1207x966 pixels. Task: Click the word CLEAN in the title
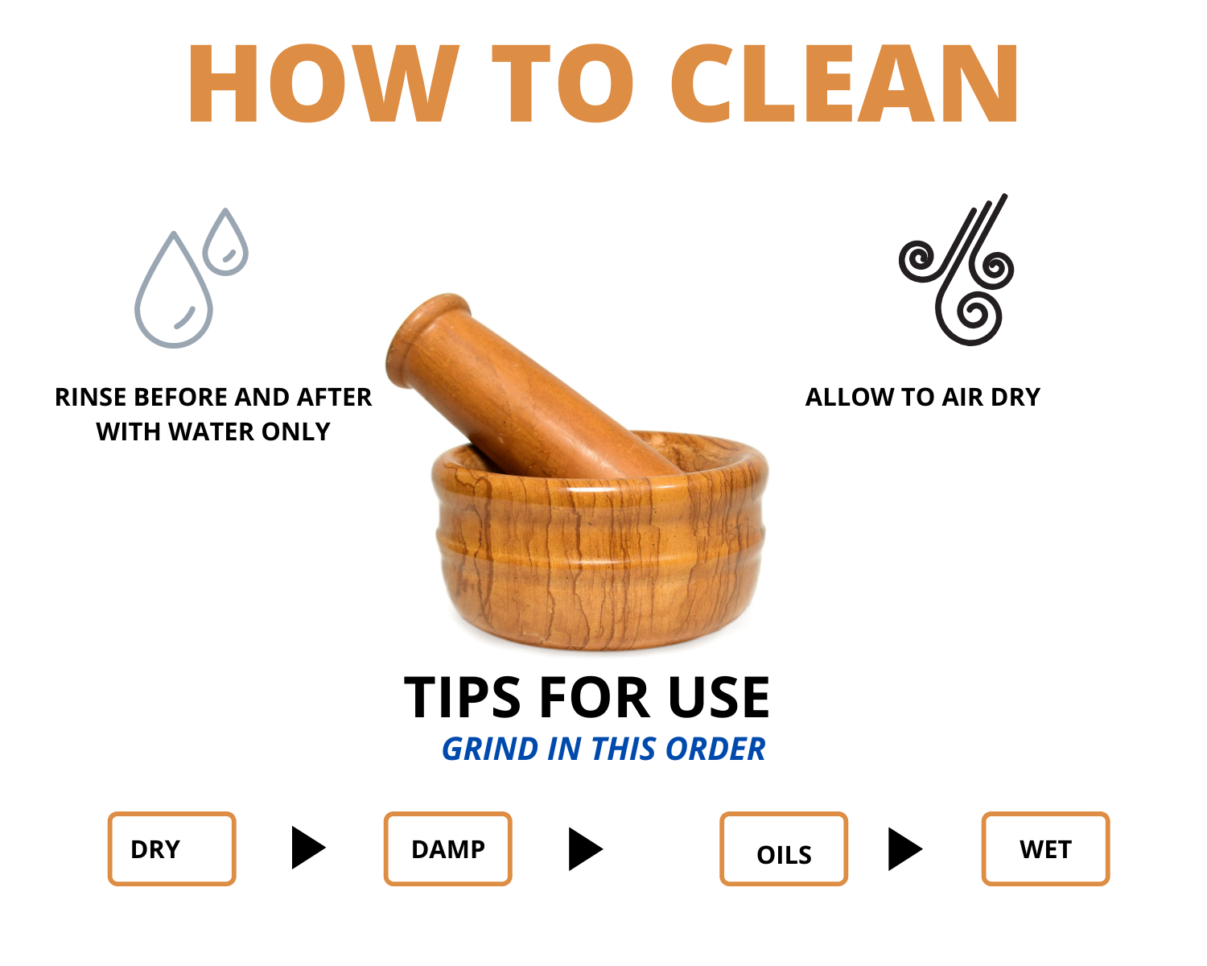click(845, 83)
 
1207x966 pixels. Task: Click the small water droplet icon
click(225, 242)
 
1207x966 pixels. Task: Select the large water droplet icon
click(174, 290)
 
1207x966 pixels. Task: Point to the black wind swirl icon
click(957, 270)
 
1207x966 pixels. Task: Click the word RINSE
click(90, 398)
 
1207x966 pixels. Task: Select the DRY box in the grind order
click(171, 849)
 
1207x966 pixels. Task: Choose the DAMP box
click(448, 849)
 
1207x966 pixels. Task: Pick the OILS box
click(784, 849)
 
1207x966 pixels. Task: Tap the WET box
click(1045, 849)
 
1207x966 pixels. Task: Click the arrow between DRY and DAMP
click(308, 848)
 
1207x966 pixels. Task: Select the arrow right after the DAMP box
click(585, 848)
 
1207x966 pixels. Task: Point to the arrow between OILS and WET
click(904, 848)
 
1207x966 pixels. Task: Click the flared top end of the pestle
click(426, 340)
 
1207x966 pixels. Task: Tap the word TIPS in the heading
click(463, 698)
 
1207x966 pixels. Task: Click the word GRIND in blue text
click(491, 749)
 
